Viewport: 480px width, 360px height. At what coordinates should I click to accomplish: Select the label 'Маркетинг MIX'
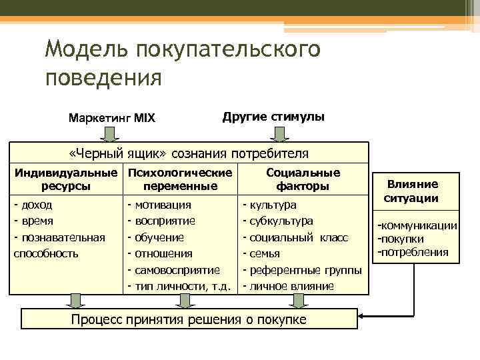[x=112, y=118]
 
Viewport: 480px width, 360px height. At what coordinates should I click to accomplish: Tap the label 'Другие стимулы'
[x=273, y=116]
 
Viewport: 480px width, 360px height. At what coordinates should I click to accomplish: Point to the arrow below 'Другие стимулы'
[x=281, y=134]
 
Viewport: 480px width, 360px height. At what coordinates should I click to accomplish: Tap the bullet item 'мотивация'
[x=163, y=205]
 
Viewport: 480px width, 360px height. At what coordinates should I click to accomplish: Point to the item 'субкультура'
[x=280, y=221]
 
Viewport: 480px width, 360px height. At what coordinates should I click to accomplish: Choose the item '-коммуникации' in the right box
[x=417, y=226]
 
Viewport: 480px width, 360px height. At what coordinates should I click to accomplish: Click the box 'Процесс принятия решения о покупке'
[x=189, y=319]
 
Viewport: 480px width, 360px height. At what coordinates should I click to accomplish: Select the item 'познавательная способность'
[x=59, y=245]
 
